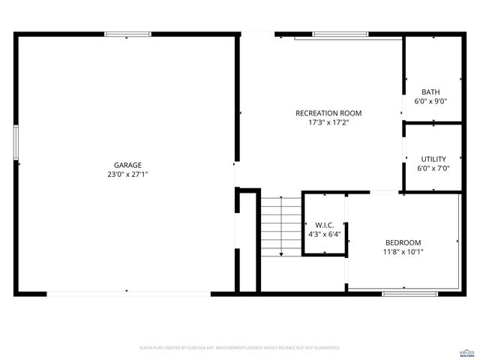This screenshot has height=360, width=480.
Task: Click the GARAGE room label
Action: pyautogui.click(x=127, y=165)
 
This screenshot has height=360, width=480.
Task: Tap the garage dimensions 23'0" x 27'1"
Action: pyautogui.click(x=127, y=175)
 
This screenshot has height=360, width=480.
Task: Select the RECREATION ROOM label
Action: pyautogui.click(x=323, y=112)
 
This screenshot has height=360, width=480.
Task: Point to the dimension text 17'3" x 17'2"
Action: pyautogui.click(x=323, y=122)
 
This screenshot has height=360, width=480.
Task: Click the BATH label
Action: pyautogui.click(x=430, y=91)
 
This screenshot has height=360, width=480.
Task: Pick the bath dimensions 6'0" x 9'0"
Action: pyautogui.click(x=430, y=101)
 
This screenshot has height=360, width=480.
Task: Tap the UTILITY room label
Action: pyautogui.click(x=433, y=159)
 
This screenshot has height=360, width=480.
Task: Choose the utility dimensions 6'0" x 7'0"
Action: pyautogui.click(x=433, y=169)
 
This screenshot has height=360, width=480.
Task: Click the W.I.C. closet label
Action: pyautogui.click(x=325, y=225)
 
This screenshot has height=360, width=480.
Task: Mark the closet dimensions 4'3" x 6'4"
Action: pyautogui.click(x=325, y=235)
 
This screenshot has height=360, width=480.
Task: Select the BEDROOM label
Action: pyautogui.click(x=403, y=242)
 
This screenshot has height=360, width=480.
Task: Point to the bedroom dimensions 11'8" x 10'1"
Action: pyautogui.click(x=403, y=252)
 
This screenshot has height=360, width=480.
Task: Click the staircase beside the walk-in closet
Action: pyautogui.click(x=280, y=225)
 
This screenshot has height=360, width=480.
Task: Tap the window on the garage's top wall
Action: pyautogui.click(x=127, y=34)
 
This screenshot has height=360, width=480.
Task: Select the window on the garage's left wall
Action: pyautogui.click(x=15, y=142)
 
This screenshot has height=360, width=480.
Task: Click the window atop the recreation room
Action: pyautogui.click(x=340, y=34)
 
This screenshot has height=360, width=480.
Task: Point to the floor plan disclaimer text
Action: pyautogui.click(x=240, y=348)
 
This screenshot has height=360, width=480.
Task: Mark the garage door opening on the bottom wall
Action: pyautogui.click(x=127, y=293)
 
